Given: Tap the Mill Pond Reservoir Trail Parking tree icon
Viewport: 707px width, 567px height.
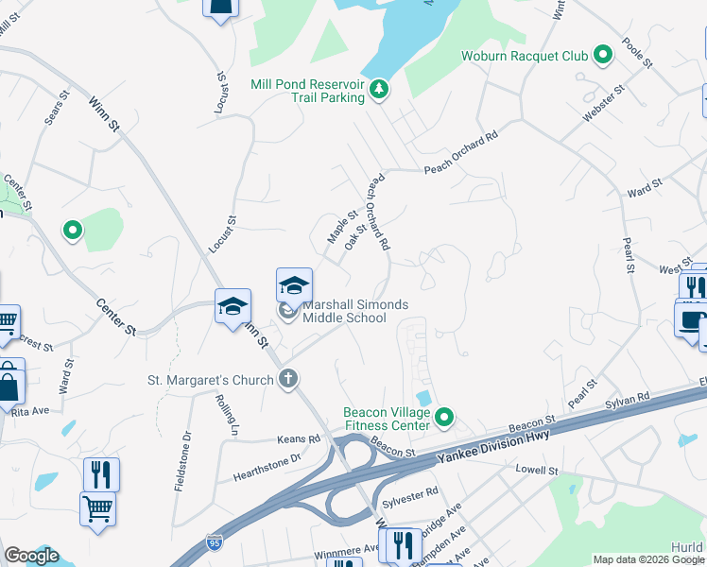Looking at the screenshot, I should [379, 90].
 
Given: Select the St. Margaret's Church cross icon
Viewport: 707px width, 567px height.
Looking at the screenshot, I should [289, 380].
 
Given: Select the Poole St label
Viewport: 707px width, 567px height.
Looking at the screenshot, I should [638, 52].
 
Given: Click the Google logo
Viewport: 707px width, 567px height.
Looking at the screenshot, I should [31, 556].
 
